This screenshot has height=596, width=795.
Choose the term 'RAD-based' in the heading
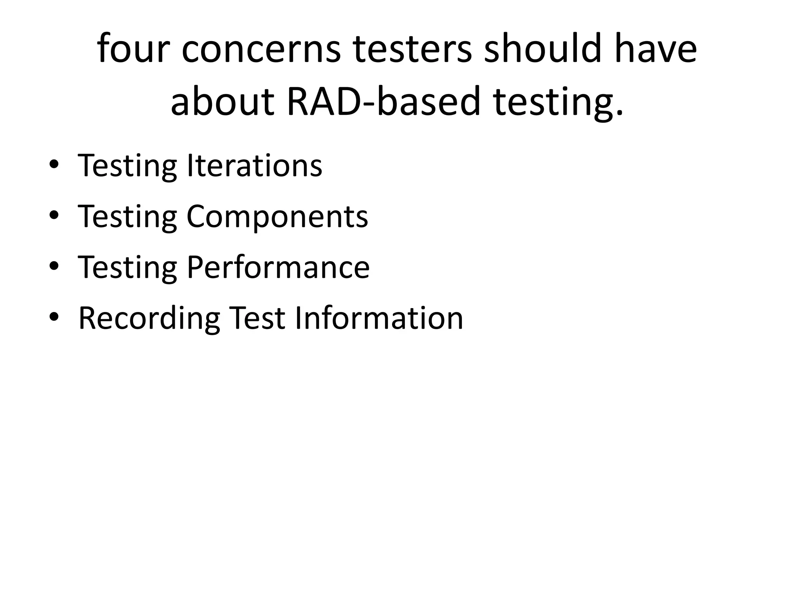coord(384,102)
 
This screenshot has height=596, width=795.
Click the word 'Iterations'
coord(254,166)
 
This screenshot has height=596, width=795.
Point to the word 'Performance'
coord(278,267)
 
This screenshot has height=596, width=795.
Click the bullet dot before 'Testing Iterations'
coord(54,165)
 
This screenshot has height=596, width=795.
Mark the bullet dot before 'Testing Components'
coord(54,215)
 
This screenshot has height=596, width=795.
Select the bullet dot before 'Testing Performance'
coord(54,266)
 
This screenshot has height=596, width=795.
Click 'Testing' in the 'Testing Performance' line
coord(128,268)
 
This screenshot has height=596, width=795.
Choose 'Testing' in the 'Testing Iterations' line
coord(128,166)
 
